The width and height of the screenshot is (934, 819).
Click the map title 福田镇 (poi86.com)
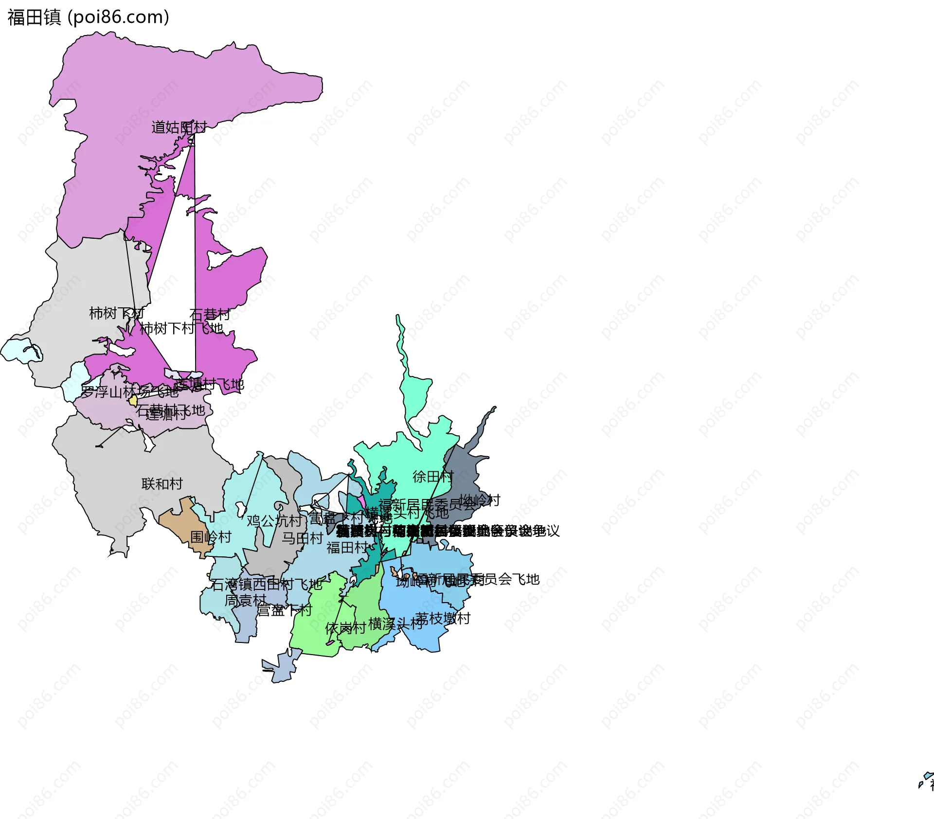(x=88, y=18)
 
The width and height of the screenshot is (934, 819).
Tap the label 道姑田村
(x=179, y=127)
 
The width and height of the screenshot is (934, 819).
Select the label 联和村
(x=162, y=484)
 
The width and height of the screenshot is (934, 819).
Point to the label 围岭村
(x=211, y=537)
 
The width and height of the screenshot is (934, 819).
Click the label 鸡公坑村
(x=274, y=521)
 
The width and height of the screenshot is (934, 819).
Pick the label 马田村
(x=302, y=538)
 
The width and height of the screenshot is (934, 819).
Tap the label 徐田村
(x=433, y=477)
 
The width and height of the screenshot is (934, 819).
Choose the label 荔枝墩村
(x=443, y=619)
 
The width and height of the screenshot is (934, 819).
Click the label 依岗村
(x=345, y=628)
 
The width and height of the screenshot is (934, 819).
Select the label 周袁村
(x=245, y=601)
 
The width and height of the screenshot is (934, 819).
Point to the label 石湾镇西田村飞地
(x=267, y=585)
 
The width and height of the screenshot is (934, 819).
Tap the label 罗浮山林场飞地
(x=129, y=392)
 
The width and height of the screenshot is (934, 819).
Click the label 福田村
(x=347, y=548)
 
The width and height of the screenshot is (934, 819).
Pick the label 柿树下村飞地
(x=181, y=329)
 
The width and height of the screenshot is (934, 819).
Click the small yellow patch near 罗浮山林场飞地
(x=133, y=401)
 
